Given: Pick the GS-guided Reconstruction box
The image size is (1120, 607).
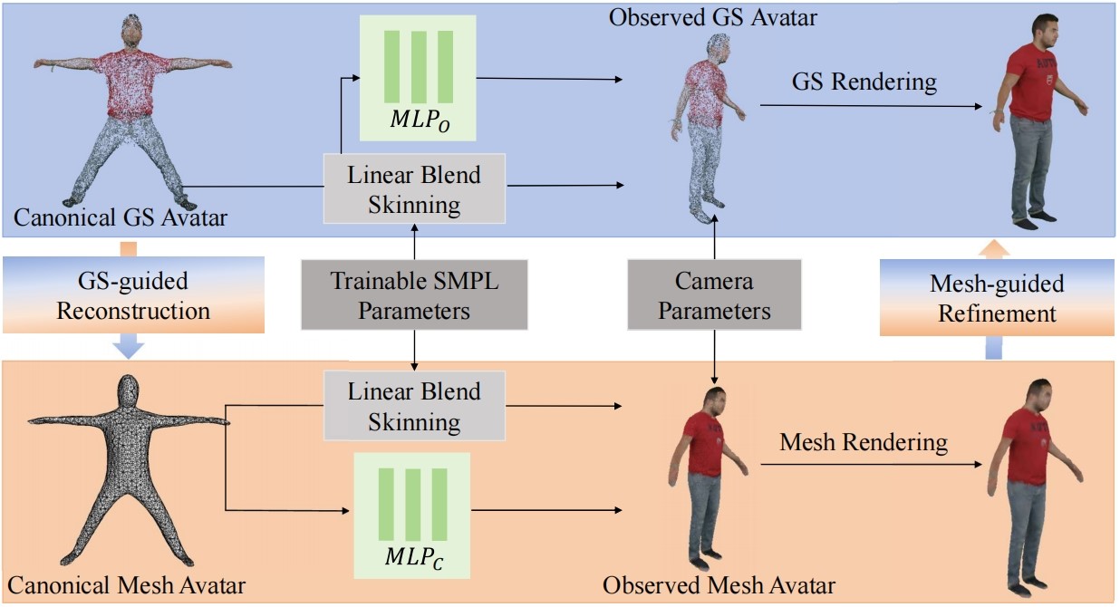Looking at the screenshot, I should [x=133, y=296].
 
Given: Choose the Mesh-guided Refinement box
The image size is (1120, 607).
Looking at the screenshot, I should [x=997, y=298].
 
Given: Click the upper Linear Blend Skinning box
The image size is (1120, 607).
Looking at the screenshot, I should [x=414, y=188].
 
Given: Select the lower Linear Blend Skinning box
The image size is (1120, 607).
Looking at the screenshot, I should [x=414, y=407].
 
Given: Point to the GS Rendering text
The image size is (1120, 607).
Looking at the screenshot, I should [x=864, y=82].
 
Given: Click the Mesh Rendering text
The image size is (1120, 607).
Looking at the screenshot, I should [x=864, y=442].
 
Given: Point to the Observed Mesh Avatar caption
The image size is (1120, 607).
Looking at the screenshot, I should [x=719, y=584].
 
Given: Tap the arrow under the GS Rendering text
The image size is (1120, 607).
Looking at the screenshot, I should [x=870, y=106].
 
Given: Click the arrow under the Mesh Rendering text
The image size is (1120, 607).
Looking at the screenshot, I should [x=870, y=465].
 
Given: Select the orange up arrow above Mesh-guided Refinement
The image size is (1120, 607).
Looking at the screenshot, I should [x=994, y=248].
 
